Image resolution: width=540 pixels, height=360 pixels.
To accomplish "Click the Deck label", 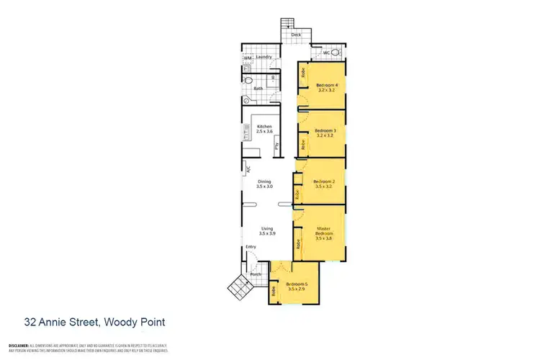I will tap(295, 35).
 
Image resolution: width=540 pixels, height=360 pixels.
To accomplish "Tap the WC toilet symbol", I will tap(317, 53).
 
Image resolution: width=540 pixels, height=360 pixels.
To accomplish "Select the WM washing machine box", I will tap(247, 58).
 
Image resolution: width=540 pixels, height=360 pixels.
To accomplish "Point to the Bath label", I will tap(257, 89).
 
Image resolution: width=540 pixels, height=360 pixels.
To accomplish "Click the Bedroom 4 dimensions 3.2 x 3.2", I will tap(328, 91).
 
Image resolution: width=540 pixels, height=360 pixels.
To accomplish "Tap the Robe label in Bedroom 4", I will tap(303, 73).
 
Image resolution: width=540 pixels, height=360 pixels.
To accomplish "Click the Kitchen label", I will tap(264, 127).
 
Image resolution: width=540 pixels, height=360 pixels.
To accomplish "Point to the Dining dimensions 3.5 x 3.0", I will tap(265, 186).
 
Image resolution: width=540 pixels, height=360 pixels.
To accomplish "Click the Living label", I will tap(266, 229).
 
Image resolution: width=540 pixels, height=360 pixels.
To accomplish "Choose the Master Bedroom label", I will tap(325, 232).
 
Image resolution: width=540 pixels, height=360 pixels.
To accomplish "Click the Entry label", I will tap(251, 247).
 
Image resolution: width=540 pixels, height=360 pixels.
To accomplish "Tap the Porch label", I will tap(255, 274).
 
